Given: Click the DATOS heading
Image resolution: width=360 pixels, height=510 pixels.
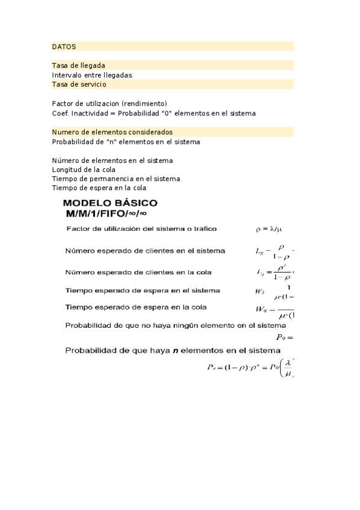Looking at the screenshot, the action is coord(64,46).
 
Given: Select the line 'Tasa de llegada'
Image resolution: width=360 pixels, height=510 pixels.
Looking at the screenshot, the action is coord(79,66).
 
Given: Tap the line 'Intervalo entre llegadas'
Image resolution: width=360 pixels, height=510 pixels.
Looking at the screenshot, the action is coord(92,75).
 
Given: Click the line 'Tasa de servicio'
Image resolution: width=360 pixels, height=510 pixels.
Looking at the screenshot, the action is coord(79,84).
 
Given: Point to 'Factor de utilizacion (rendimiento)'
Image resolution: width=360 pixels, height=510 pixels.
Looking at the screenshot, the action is coord(109,103).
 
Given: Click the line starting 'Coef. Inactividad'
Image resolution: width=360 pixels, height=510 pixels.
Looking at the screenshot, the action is coord(153,113).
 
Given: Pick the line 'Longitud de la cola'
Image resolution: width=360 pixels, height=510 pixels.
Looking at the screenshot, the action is coord(84,170).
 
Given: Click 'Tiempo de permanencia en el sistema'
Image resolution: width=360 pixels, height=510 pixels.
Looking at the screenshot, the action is coord(116,179).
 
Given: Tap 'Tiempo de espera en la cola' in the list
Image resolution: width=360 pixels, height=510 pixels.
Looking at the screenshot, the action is coord(99,188).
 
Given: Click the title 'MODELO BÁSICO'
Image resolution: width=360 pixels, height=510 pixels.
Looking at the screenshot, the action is coord(111,203).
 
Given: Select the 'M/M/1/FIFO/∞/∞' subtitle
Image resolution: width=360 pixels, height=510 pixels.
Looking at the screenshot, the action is coord(106,214).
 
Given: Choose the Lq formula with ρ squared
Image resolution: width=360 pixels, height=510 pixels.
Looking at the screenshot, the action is coord(275,272).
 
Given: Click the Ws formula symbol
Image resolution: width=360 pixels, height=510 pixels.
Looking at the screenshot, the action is coord(260,293).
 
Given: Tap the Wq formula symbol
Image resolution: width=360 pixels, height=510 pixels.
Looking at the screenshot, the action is coord(260,310).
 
